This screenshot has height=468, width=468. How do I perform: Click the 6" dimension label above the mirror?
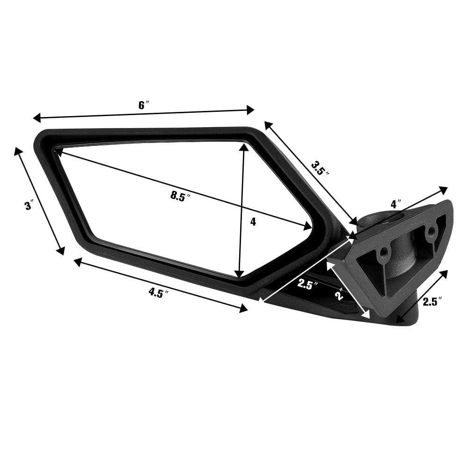pyautogui.click(x=143, y=105)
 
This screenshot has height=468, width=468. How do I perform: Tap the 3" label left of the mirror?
pyautogui.click(x=29, y=205)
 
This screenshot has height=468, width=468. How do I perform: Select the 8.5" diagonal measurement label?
pyautogui.click(x=182, y=196)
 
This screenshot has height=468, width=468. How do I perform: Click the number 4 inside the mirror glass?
pyautogui.click(x=253, y=222)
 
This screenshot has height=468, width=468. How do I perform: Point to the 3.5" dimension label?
pyautogui.click(x=320, y=168)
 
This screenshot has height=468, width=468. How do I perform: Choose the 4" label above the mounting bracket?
pyautogui.click(x=396, y=205)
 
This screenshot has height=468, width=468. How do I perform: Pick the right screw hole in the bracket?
pyautogui.click(x=431, y=230)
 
